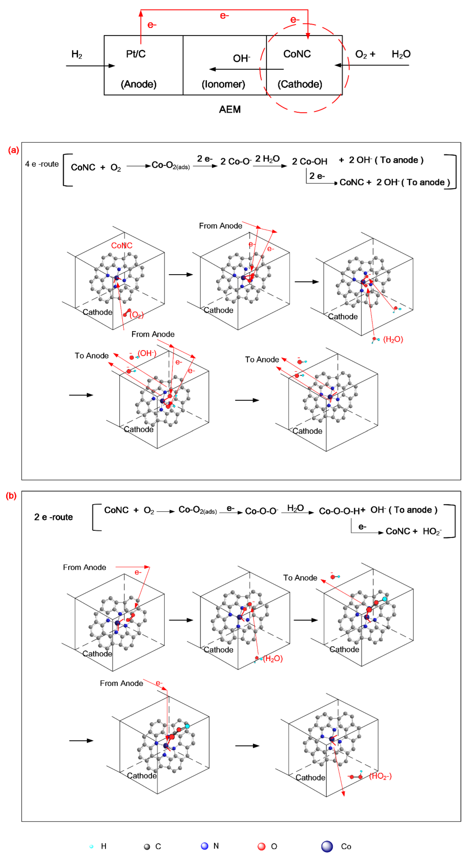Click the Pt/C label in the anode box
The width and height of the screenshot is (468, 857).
(x=136, y=54)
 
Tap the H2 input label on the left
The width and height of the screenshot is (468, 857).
(x=77, y=54)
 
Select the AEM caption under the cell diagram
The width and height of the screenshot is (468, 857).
(x=229, y=110)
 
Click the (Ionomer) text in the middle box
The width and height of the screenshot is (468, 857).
(x=223, y=84)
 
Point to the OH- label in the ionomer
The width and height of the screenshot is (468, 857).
(x=241, y=59)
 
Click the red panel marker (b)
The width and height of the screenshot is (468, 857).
(x=11, y=496)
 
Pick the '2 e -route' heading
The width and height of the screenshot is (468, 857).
(x=53, y=517)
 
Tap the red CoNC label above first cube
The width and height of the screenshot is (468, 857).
(x=122, y=246)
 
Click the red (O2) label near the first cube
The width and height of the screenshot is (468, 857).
(x=136, y=315)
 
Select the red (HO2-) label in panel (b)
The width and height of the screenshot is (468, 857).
(x=380, y=776)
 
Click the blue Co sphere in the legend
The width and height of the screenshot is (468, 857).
(x=327, y=846)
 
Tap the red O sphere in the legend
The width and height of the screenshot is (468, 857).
(x=262, y=846)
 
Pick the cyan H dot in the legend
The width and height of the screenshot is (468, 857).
(x=91, y=846)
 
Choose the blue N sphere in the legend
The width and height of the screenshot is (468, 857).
(x=204, y=846)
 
